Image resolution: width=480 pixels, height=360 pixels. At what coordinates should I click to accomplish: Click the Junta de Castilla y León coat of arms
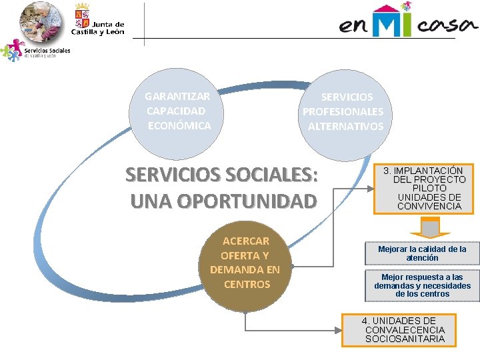click(82, 16)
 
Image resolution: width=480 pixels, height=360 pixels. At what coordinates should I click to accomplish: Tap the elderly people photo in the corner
click(42, 21)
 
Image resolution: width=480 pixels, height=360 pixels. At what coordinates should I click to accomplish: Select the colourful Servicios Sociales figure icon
click(11, 50)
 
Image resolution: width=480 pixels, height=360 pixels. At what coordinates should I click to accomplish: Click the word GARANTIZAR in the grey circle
click(177, 97)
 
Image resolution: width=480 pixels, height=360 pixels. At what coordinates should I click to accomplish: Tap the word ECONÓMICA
click(179, 125)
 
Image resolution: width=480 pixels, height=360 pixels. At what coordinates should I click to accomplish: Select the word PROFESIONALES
click(343, 111)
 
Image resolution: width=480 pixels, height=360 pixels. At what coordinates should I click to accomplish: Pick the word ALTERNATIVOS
click(345, 126)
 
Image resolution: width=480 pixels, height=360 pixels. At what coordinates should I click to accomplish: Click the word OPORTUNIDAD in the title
click(223, 200)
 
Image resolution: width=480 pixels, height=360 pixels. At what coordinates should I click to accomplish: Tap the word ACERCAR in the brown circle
click(245, 241)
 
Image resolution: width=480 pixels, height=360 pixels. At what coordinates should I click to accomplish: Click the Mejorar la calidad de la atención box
click(422, 253)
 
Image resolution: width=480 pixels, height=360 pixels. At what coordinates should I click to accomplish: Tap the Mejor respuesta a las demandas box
click(422, 285)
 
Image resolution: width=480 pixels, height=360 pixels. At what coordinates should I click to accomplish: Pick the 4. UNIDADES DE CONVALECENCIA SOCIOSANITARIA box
click(404, 330)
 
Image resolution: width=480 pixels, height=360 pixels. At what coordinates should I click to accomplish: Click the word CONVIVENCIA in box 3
click(429, 206)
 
